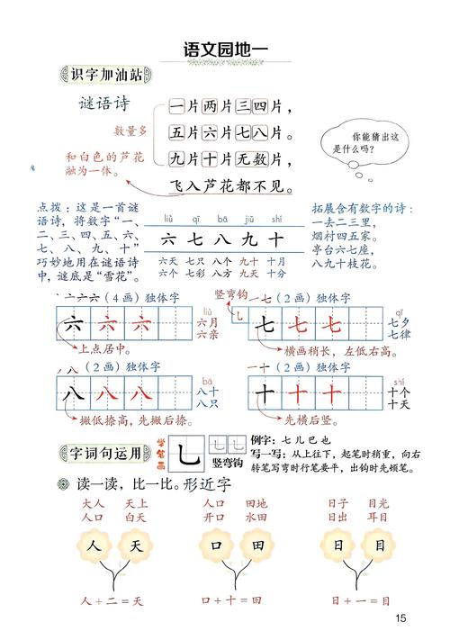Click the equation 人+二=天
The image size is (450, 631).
(112, 600)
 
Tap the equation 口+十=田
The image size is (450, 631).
(231, 600)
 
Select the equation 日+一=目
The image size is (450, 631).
(359, 600)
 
